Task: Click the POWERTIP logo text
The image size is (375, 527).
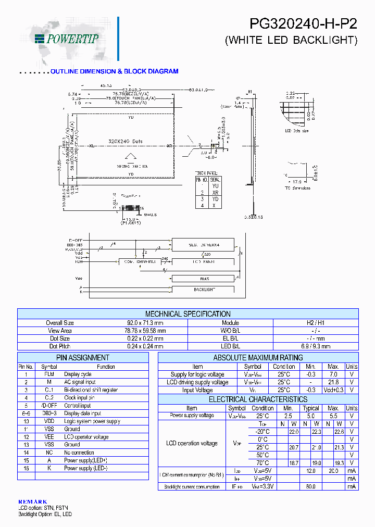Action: [x=72, y=38]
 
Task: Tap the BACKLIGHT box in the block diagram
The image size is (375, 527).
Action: [x=204, y=289]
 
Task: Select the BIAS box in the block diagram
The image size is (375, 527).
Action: [x=204, y=279]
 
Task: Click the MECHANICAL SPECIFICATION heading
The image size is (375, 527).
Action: [x=187, y=314]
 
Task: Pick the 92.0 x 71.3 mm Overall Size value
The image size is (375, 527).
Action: [x=145, y=323]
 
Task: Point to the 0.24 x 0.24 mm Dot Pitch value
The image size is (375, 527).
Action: [x=145, y=346]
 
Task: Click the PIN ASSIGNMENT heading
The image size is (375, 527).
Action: [x=83, y=358]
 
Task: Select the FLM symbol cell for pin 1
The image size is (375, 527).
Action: [x=49, y=374]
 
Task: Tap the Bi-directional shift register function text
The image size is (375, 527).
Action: [x=91, y=390]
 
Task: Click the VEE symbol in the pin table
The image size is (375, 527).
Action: [x=49, y=437]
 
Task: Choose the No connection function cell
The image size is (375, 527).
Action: [x=79, y=453]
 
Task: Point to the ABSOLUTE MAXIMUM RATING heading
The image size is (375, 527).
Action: [x=258, y=358]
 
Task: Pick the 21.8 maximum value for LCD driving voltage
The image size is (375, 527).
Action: [x=333, y=382]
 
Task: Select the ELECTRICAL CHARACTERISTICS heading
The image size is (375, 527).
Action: [x=258, y=399]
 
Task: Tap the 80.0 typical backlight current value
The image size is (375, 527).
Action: [x=311, y=486]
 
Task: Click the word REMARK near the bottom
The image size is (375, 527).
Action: [x=32, y=501]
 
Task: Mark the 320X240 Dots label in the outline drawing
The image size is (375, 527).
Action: [x=126, y=141]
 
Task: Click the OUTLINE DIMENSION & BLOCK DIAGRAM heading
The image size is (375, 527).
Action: [x=114, y=71]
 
